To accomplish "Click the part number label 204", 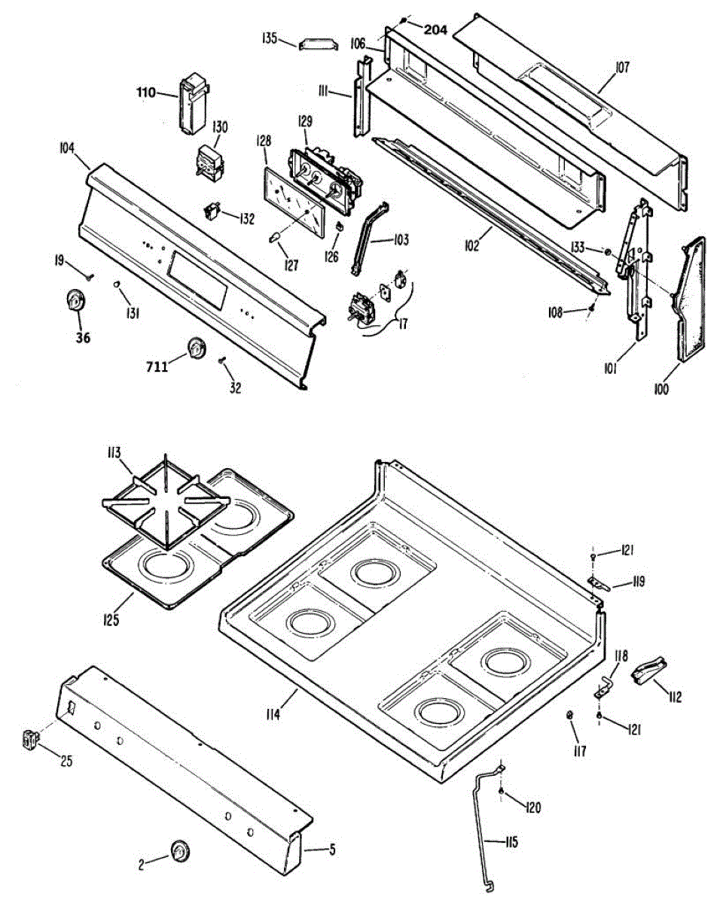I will click(x=435, y=30).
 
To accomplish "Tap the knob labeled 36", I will click(x=75, y=301).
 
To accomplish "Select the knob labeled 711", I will click(x=197, y=347).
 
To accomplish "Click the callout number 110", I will click(x=146, y=93).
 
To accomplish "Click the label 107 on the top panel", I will click(x=621, y=68).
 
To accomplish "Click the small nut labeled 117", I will click(x=570, y=713).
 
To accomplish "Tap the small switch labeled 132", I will click(x=215, y=211).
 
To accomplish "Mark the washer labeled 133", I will click(x=606, y=251).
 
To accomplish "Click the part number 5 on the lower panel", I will click(x=332, y=850).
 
